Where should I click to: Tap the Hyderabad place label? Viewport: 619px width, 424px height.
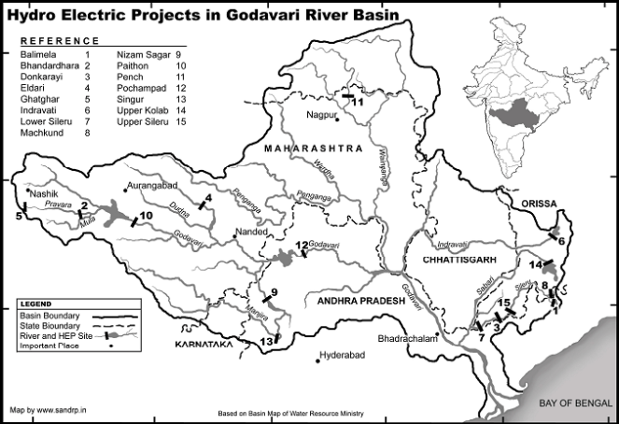click(340, 356)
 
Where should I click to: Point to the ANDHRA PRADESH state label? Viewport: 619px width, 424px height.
click(359, 303)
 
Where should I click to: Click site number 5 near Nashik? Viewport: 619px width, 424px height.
click(19, 216)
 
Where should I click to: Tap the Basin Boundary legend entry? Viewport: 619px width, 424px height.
click(52, 315)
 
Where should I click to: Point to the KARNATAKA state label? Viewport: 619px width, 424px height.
click(201, 345)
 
